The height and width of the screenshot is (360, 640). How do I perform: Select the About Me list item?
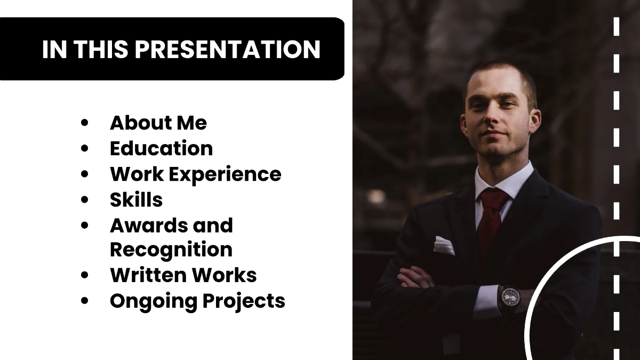tap(158, 123)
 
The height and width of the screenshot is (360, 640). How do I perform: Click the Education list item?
tap(161, 148)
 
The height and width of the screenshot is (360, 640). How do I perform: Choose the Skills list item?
tap(136, 199)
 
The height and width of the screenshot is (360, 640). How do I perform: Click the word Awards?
tap(141, 225)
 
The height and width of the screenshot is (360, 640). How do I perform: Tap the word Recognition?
tap(171, 250)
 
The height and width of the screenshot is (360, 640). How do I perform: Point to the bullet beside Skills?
tap(84, 200)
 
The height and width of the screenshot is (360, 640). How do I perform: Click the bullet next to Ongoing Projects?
tap(84, 301)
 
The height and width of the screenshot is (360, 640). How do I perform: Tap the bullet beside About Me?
tap(84, 123)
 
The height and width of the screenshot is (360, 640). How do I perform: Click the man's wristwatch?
tap(510, 296)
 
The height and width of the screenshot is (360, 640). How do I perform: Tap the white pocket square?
tap(444, 245)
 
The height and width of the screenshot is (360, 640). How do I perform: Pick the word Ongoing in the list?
tap(153, 301)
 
